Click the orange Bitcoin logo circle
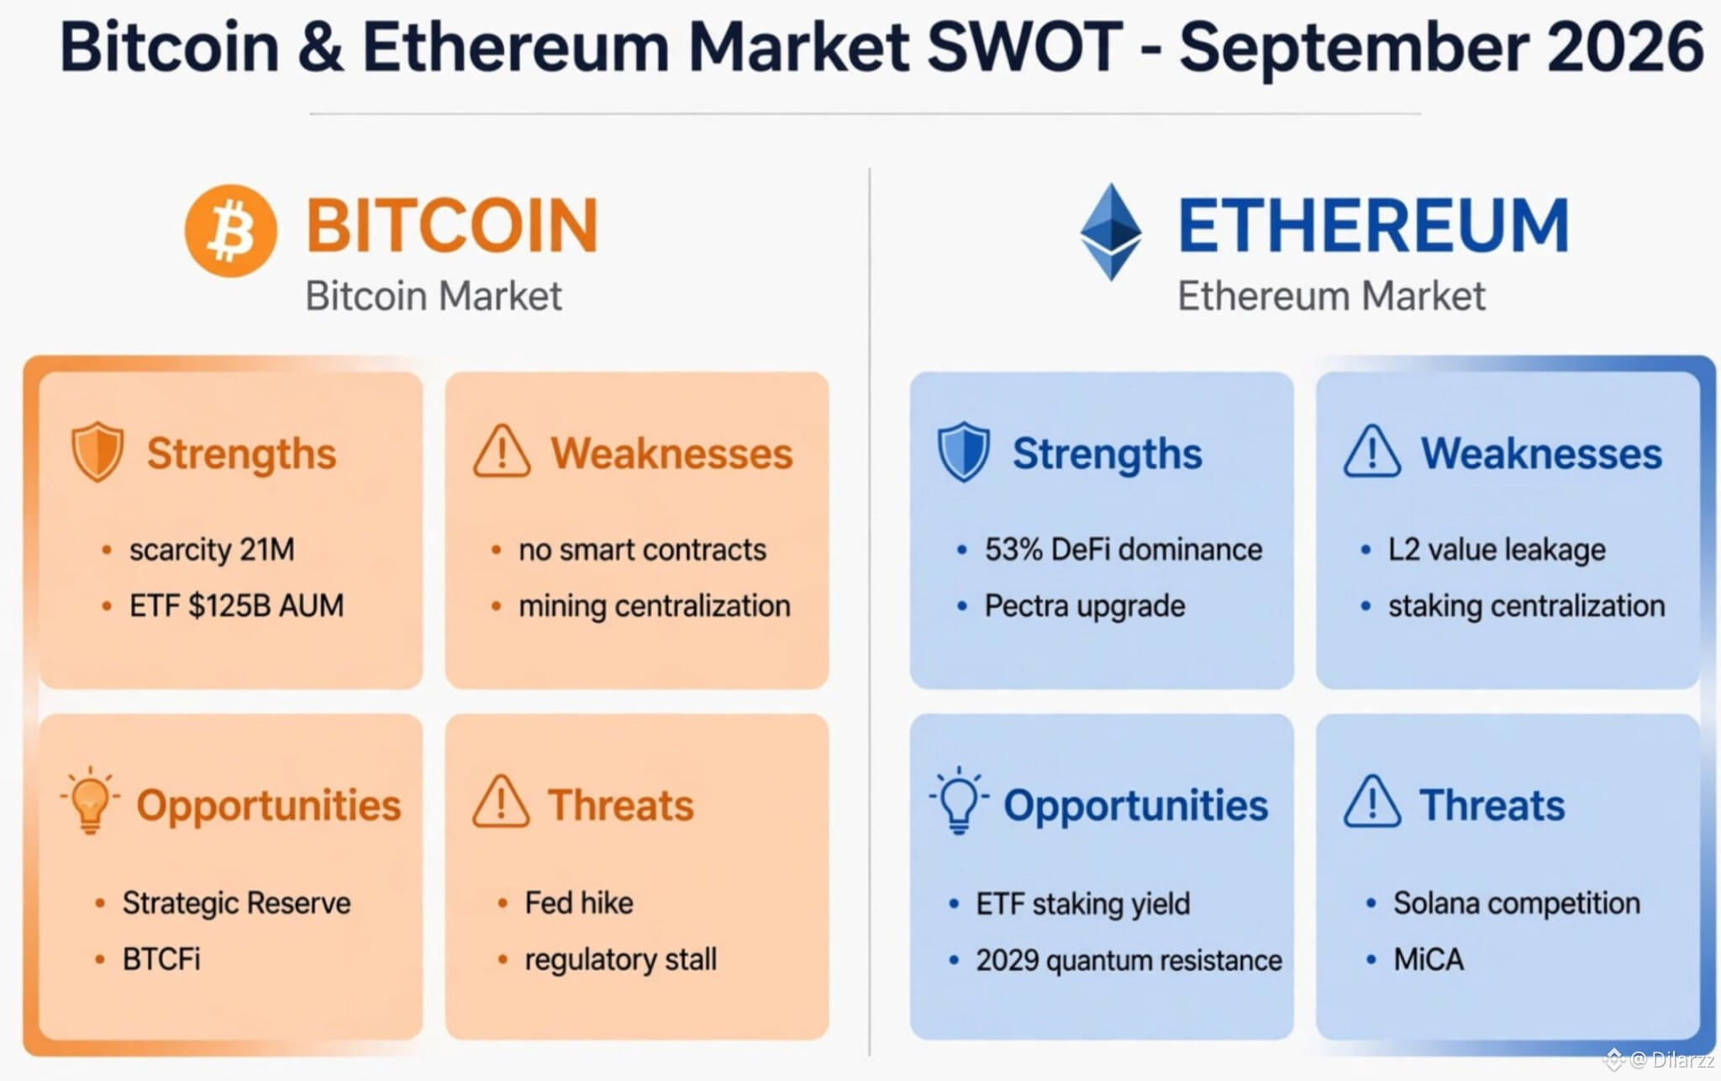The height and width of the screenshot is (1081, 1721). (230, 230)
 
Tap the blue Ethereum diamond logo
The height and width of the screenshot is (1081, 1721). (1111, 231)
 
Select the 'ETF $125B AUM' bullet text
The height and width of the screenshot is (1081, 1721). (236, 605)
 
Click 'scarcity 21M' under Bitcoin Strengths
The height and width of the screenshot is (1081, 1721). (212, 550)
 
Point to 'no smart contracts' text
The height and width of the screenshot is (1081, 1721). (642, 550)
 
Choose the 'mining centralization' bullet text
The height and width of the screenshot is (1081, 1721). (654, 606)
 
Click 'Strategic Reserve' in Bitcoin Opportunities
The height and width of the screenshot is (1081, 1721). (236, 903)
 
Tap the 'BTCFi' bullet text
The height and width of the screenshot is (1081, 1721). (161, 959)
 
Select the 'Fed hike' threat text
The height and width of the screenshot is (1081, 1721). (579, 903)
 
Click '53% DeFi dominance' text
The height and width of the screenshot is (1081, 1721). (1124, 550)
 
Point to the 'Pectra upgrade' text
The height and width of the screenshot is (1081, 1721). (1084, 606)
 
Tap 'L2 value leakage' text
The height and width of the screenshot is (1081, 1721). (1497, 550)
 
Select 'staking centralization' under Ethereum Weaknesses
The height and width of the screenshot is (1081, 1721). (1526, 606)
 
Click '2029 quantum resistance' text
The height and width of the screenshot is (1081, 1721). (1129, 960)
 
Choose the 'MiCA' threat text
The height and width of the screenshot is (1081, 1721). (1429, 959)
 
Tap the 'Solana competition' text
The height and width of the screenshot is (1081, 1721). (1517, 903)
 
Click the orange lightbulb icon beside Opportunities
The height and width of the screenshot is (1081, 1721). (90, 799)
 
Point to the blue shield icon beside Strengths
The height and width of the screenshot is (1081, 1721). (963, 451)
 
